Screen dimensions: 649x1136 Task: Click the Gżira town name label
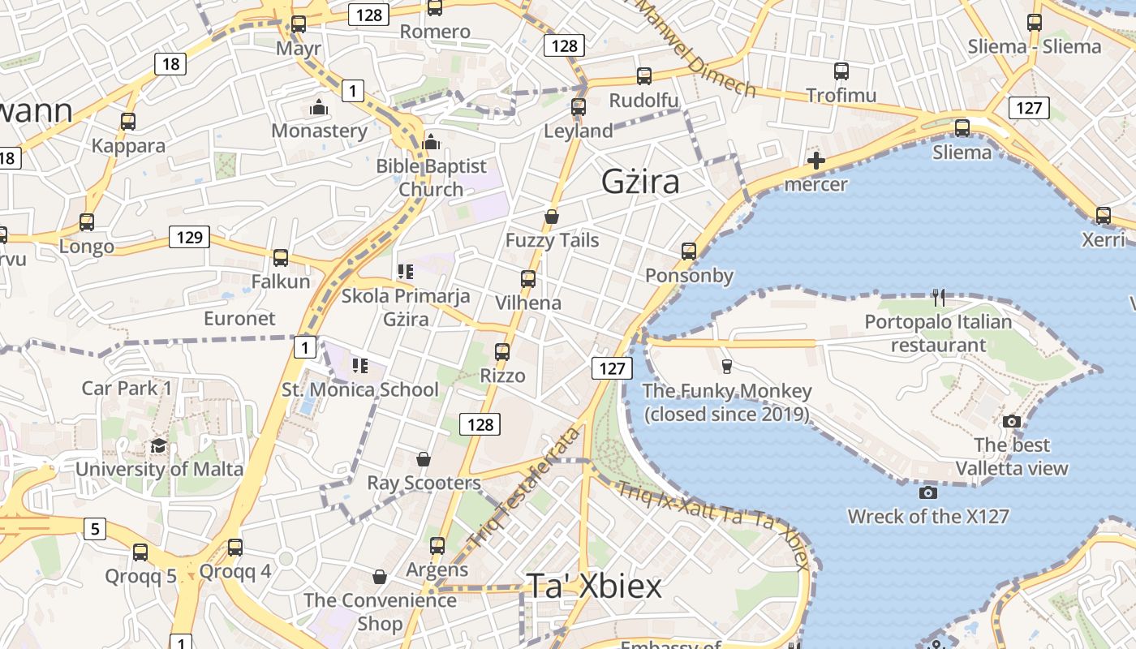coord(640,183)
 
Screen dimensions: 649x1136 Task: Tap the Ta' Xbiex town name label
coord(594,586)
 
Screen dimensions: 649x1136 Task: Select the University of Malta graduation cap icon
coord(158,446)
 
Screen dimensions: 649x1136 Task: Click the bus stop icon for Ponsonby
coord(689,251)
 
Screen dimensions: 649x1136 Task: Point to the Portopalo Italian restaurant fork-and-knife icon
coord(939,298)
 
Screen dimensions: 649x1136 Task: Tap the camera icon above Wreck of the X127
coord(928,492)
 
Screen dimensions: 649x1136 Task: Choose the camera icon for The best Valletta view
coord(1011,421)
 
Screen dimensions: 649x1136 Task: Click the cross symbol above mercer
coord(816,161)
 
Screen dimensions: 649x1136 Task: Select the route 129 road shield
coord(189,237)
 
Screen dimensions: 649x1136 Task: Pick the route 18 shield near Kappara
coord(170,64)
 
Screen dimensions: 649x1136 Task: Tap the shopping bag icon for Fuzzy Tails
coord(552,217)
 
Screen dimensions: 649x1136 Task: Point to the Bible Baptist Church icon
coord(431,142)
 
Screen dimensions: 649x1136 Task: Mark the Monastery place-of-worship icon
coord(319,107)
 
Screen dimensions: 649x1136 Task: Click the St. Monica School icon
coord(359,366)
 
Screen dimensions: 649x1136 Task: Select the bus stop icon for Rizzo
coord(502,352)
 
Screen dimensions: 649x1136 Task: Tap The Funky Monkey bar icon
coord(726,367)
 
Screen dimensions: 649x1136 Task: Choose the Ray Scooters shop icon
coord(423,460)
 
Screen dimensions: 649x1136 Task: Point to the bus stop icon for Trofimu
coord(841,71)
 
